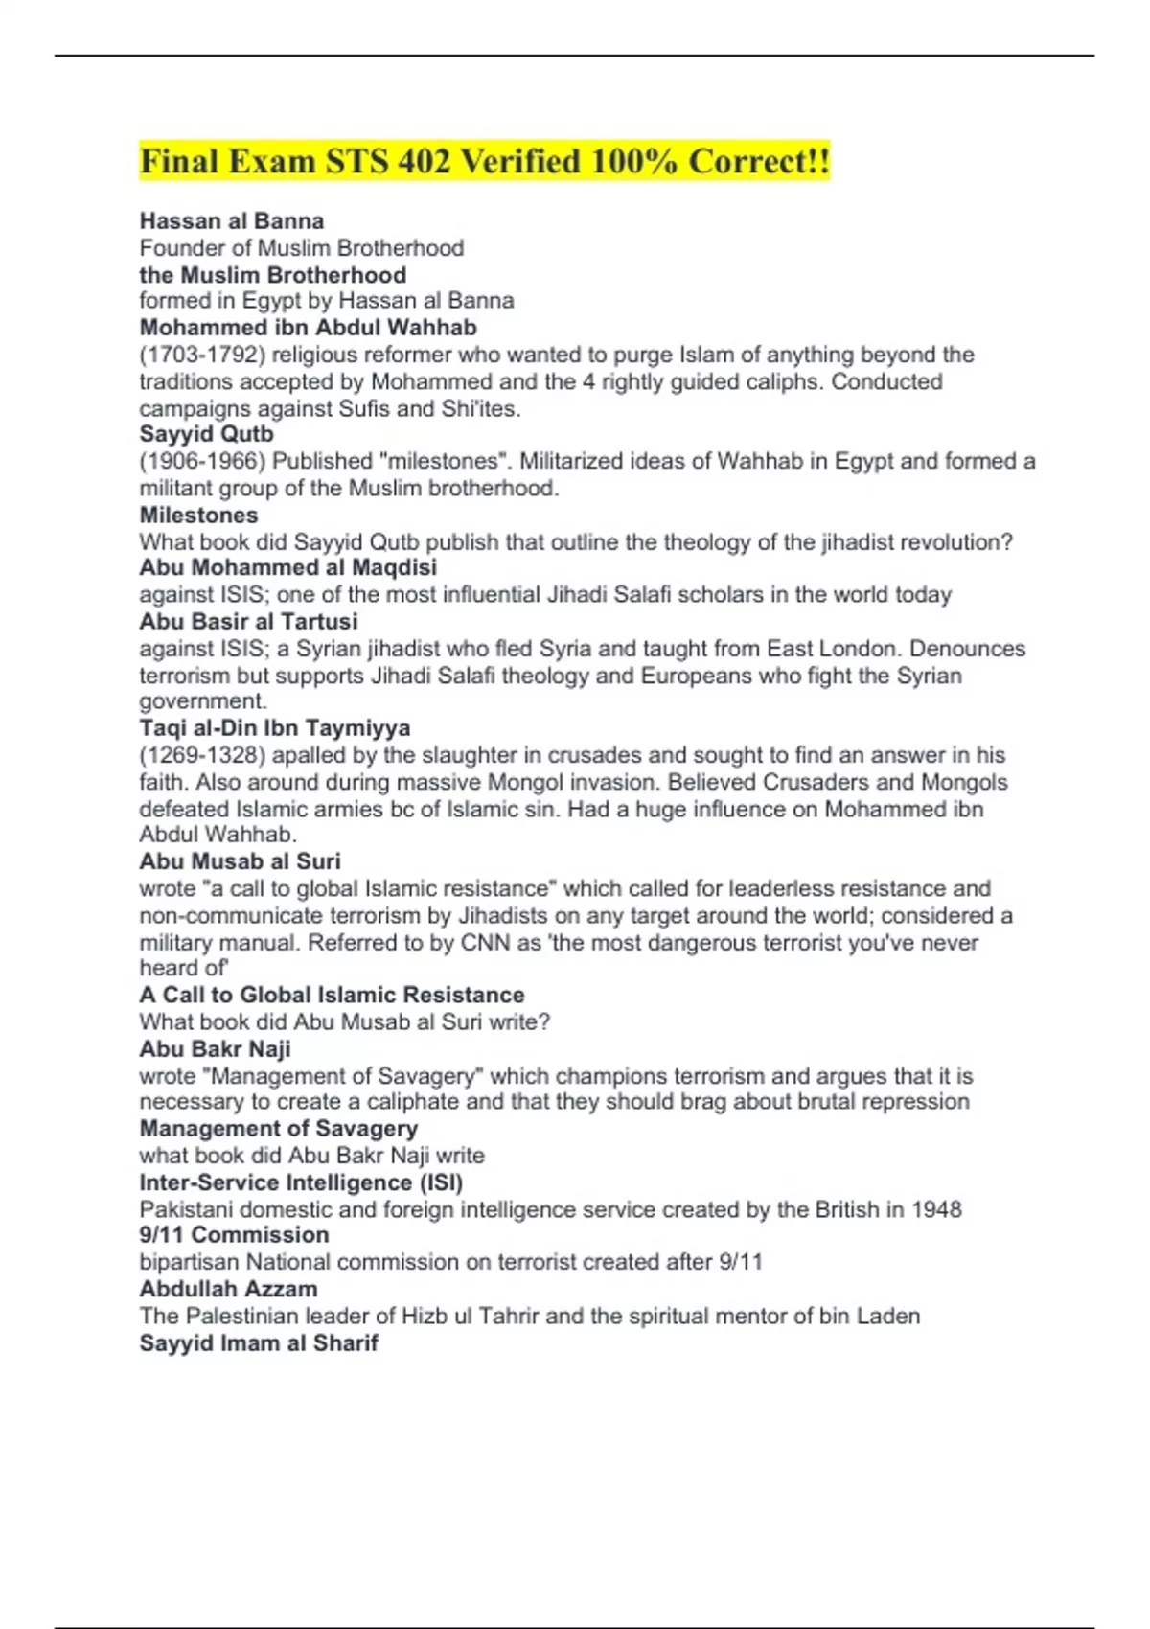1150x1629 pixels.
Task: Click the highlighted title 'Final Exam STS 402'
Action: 484,161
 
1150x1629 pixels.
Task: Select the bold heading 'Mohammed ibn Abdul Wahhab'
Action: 308,328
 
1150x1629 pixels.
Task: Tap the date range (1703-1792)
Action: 201,355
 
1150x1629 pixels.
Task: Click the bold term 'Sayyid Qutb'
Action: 206,434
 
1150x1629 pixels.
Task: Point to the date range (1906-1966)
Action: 201,461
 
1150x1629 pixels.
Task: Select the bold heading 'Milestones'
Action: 198,515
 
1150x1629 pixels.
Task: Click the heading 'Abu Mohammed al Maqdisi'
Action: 287,567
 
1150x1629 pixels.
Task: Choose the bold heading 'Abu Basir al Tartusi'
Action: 248,621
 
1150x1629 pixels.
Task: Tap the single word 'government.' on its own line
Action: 203,701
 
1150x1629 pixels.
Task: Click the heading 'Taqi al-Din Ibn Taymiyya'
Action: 274,728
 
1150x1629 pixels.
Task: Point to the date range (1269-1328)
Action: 201,755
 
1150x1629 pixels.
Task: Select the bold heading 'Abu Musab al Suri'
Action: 240,861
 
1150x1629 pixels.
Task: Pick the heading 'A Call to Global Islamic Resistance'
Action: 332,995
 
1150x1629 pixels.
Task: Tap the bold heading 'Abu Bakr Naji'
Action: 215,1049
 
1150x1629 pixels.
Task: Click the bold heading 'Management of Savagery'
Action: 278,1129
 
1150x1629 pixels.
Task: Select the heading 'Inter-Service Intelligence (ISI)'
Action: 301,1182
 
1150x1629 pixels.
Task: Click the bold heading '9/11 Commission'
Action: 234,1235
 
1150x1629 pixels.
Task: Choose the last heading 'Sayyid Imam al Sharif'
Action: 259,1342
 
